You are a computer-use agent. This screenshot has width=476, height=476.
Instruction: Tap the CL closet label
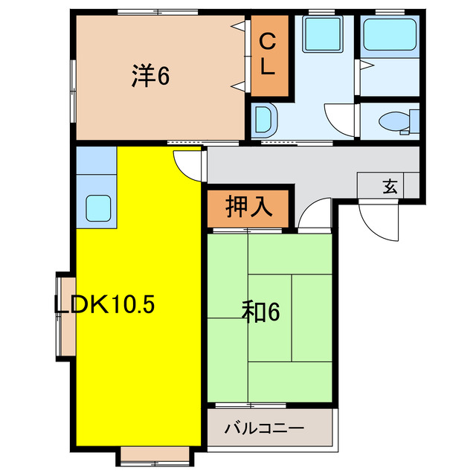click(x=268, y=56)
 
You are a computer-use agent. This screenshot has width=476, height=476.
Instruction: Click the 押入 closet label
click(x=247, y=205)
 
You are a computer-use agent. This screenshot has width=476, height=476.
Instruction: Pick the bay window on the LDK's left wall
click(x=65, y=315)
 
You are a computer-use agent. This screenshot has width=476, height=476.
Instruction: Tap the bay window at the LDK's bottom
click(x=155, y=454)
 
